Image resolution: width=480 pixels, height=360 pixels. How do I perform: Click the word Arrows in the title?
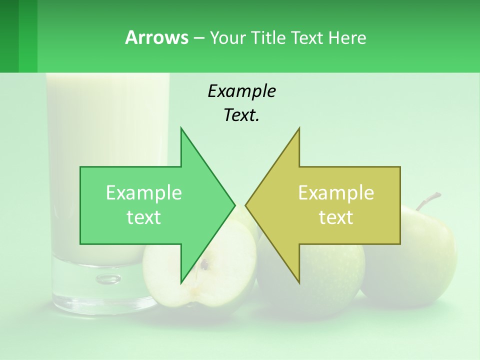click(156, 37)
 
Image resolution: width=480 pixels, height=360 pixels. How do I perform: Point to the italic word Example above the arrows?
click(241, 91)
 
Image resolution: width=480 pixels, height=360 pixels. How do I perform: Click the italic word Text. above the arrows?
click(241, 115)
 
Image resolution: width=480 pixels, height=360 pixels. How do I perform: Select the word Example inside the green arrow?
click(143, 192)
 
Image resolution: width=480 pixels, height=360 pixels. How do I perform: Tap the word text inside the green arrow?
click(143, 217)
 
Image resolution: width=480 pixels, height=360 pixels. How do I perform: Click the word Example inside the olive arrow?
click(336, 192)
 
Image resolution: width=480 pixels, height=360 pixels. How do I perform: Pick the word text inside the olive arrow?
click(336, 217)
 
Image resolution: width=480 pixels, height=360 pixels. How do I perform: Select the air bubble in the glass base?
click(108, 278)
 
